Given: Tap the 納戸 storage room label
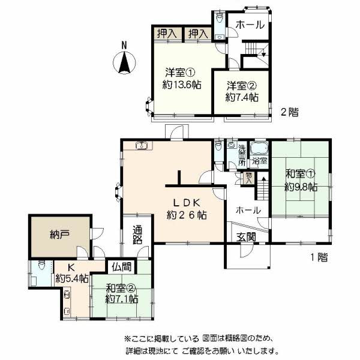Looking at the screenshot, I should coord(59,235).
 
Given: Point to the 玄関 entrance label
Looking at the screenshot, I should coord(246,237).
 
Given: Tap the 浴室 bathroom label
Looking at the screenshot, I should coord(259,162).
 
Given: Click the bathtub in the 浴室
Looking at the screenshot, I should coord(259,149).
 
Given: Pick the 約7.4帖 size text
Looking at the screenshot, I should coord(242,96).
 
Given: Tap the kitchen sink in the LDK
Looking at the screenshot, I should coord(143,145).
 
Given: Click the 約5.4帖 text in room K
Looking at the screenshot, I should coord(72,278).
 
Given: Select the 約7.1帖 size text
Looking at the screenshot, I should coord(122,298).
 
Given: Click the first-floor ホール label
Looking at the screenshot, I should coord(248,211).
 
